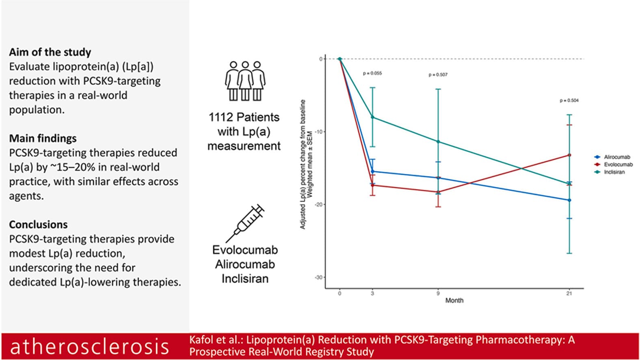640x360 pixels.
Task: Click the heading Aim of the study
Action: tap(50, 52)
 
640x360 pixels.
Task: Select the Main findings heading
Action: tap(43, 139)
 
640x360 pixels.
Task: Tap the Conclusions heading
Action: tap(38, 224)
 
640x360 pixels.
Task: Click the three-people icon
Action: tap(245, 81)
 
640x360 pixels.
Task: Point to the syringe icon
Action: tap(245, 223)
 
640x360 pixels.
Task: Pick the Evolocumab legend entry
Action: tap(614, 165)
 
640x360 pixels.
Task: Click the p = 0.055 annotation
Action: tap(372, 74)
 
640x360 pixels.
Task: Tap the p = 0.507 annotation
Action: tap(438, 75)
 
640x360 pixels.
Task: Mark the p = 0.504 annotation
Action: tap(569, 101)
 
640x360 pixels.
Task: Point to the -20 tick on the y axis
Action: tap(318, 204)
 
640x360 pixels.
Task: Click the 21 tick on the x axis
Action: tap(569, 294)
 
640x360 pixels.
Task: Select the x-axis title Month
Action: tap(454, 301)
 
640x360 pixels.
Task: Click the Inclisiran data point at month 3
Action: tap(372, 117)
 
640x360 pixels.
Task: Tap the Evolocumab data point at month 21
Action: tap(569, 155)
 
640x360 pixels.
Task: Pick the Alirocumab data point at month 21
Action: tap(569, 200)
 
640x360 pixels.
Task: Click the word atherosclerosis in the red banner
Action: tap(89, 346)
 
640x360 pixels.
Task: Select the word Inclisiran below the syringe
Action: tap(245, 279)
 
